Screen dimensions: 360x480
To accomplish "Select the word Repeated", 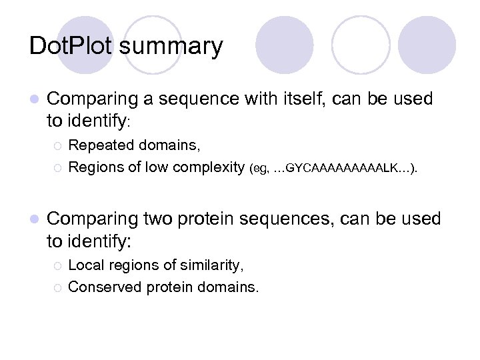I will (x=99, y=145).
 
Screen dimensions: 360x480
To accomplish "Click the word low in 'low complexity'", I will (x=157, y=167).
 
